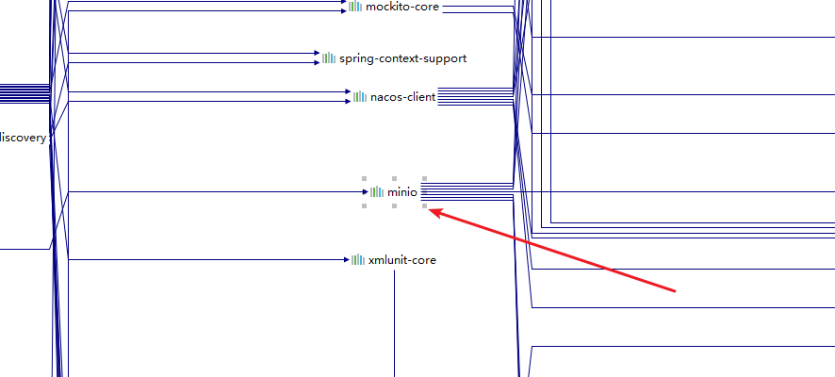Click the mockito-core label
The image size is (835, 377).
click(x=402, y=7)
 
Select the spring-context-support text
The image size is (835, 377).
click(x=402, y=58)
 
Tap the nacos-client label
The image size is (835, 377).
click(x=402, y=96)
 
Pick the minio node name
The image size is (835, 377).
click(x=401, y=192)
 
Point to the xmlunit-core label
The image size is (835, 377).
click(x=402, y=260)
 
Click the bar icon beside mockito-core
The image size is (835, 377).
click(x=354, y=7)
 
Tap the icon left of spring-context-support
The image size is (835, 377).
click(x=329, y=58)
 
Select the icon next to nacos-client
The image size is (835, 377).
click(x=360, y=96)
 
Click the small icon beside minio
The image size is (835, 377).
click(x=377, y=192)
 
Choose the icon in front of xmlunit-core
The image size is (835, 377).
click(x=358, y=260)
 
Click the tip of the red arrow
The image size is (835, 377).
click(x=431, y=210)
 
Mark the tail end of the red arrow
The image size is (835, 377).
click(x=675, y=290)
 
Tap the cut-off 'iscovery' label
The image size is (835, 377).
click(x=23, y=138)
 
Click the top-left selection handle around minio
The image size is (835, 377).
click(x=364, y=178)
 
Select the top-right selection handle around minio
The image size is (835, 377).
click(x=424, y=178)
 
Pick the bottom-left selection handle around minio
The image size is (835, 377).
click(x=364, y=205)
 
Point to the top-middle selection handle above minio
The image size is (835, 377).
click(x=394, y=178)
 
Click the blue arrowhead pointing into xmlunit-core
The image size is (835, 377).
click(x=346, y=260)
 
